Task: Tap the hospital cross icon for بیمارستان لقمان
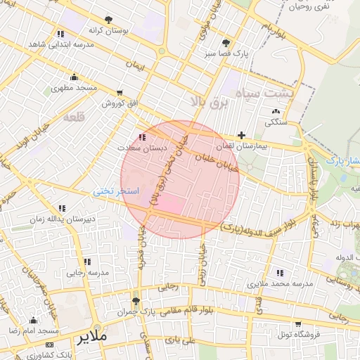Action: [x=242, y=135]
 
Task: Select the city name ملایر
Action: [x=94, y=337]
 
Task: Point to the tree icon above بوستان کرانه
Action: [x=108, y=20]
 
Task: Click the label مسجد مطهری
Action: [x=73, y=89]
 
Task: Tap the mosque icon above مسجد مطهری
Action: [x=74, y=77]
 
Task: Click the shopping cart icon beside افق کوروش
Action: [x=120, y=92]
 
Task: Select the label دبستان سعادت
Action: [x=143, y=148]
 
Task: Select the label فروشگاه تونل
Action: [x=298, y=335]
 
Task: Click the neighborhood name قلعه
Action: [x=74, y=117]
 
